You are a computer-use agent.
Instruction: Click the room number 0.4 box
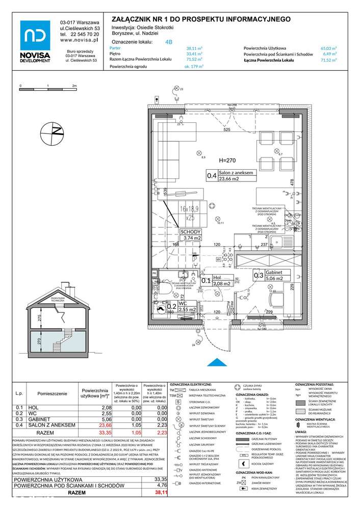point(211,176)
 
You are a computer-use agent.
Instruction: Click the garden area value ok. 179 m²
point(193,66)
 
